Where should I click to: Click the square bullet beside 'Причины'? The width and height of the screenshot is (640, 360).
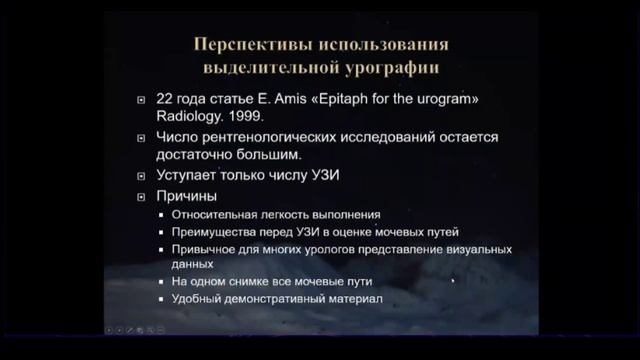coord(145,196)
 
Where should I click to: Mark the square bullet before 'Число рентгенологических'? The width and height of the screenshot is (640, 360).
coord(145,137)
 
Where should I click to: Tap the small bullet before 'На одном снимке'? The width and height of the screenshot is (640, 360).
coord(162,283)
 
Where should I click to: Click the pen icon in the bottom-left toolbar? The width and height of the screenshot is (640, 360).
coord(139,329)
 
